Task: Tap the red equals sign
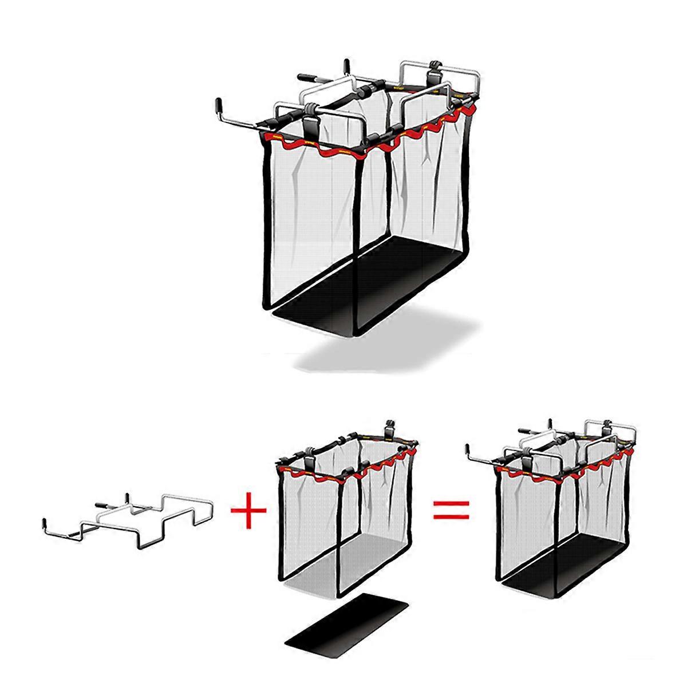[451, 508]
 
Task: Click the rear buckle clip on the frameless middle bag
[390, 427]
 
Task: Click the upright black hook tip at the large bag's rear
[346, 64]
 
